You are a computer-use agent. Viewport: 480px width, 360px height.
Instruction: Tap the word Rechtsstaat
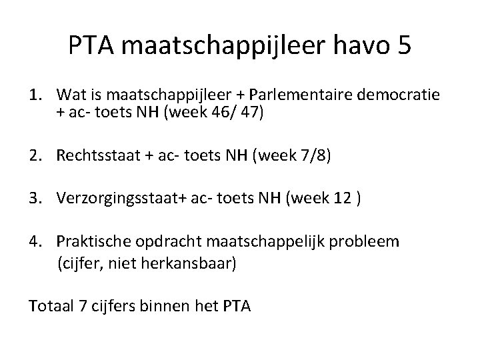tap(93, 158)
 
